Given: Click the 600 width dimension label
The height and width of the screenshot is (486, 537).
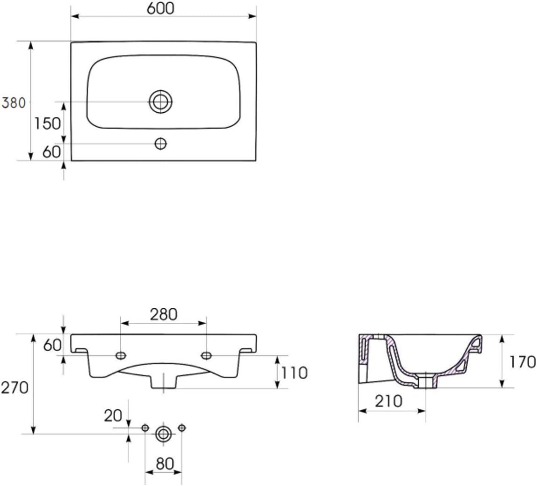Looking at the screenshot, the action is pyautogui.click(x=160, y=8).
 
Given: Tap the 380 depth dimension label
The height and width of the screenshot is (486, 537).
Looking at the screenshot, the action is pyautogui.click(x=14, y=103).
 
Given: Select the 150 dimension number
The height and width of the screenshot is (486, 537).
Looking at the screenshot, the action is pyautogui.click(x=48, y=123).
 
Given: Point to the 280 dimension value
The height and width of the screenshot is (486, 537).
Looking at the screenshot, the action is pyautogui.click(x=164, y=314).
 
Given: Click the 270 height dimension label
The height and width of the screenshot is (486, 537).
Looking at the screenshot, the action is pyautogui.click(x=15, y=388).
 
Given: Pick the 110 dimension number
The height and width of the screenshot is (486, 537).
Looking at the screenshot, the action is pyautogui.click(x=294, y=373).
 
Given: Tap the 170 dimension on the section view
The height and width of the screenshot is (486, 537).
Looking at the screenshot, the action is pyautogui.click(x=522, y=362).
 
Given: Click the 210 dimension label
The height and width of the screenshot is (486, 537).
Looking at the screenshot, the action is pyautogui.click(x=388, y=401).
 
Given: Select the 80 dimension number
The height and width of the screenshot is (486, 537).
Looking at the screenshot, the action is pyautogui.click(x=165, y=464).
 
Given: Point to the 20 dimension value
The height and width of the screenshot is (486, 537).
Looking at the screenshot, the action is pyautogui.click(x=113, y=416).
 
